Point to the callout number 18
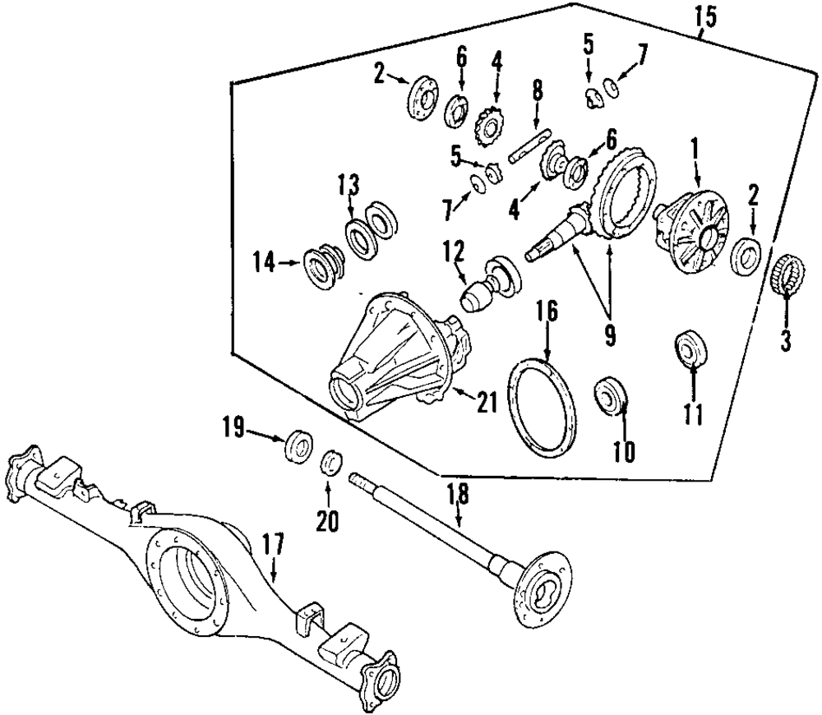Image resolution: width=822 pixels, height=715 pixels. [457, 494]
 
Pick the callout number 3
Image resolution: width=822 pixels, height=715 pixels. [786, 340]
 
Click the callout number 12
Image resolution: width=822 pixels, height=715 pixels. [455, 250]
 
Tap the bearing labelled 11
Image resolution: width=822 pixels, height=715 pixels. [691, 348]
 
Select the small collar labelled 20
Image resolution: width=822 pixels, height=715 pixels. [330, 462]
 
